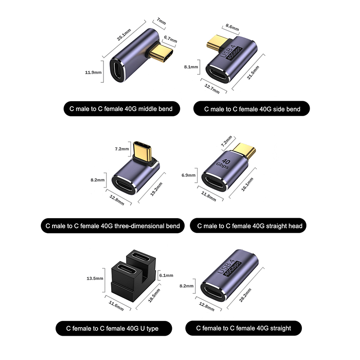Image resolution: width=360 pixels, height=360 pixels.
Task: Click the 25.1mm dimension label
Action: coord(124,35)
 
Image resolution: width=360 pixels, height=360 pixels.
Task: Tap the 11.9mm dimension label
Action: coord(93,72)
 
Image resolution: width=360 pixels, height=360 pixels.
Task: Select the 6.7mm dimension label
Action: coord(171,39)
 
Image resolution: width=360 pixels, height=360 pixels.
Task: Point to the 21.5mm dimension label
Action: coord(253,72)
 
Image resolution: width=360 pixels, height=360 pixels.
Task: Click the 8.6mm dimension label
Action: coord(232,27)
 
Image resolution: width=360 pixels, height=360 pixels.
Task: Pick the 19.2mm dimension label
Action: coord(156,189)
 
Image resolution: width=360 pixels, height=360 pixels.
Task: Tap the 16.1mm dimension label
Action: coord(247,184)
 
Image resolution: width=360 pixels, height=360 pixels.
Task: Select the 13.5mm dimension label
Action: coord(95,279)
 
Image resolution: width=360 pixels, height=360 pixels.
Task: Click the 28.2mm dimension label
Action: coord(245,295)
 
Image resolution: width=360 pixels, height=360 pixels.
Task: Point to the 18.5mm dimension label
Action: coord(154,296)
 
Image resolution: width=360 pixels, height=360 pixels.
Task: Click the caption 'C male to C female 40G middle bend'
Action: coord(121,109)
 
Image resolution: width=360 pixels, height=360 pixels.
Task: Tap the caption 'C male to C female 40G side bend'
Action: coord(252,109)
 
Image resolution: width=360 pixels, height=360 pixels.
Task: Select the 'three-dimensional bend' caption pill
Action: coord(112,226)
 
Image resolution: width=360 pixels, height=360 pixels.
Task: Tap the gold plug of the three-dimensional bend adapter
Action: coord(143,152)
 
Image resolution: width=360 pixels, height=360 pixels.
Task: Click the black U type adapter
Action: coord(133,276)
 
